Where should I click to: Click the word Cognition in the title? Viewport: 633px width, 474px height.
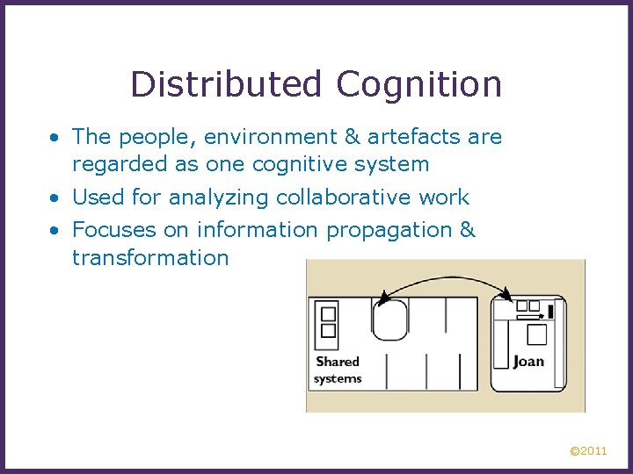(x=418, y=85)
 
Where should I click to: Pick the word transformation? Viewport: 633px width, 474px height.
(x=150, y=257)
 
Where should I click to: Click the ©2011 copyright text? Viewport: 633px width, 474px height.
(x=588, y=451)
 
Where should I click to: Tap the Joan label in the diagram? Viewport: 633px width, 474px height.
(x=528, y=361)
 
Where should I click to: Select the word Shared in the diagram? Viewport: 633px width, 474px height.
(x=338, y=361)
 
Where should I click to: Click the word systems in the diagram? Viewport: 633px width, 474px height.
(x=338, y=378)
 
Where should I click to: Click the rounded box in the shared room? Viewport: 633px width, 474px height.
(x=389, y=320)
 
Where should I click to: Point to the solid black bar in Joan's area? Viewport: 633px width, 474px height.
(x=550, y=310)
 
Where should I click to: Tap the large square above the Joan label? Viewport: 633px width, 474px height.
(x=535, y=334)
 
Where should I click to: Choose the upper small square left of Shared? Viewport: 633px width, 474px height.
(x=328, y=313)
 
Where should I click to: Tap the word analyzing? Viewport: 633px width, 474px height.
(x=212, y=198)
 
